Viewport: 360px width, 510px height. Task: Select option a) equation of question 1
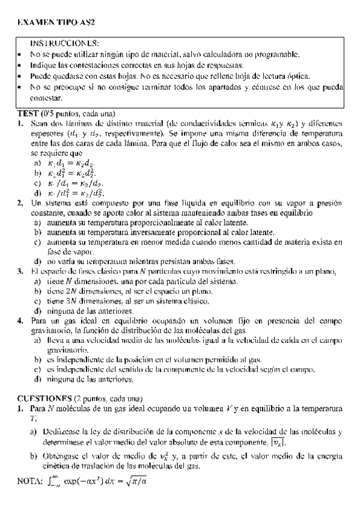72,162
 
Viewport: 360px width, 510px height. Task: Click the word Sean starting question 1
38,123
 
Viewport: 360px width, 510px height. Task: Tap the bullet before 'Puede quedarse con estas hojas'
21,76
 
